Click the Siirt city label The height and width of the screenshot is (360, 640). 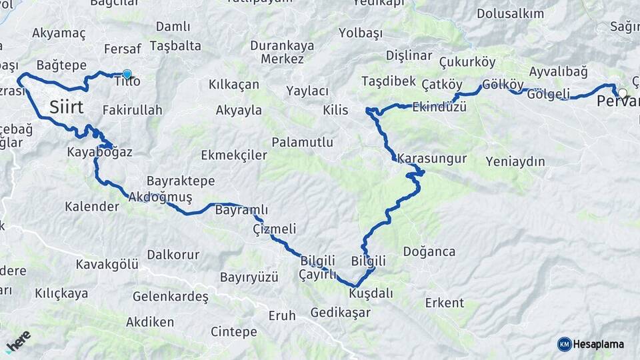click(66, 107)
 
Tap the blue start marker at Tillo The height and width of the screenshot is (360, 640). click(127, 75)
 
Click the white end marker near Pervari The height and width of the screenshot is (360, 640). click(622, 93)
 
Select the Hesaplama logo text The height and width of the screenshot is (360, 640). click(598, 344)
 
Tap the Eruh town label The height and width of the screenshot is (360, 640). click(281, 315)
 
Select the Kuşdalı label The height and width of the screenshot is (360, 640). click(371, 293)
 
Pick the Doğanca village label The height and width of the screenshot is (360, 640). click(429, 251)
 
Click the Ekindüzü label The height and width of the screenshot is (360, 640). click(439, 107)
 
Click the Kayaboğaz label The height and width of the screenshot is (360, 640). click(99, 152)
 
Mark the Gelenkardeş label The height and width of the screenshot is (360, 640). click(171, 295)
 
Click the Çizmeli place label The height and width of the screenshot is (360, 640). click(275, 229)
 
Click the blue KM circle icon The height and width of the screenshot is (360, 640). click(565, 344)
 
